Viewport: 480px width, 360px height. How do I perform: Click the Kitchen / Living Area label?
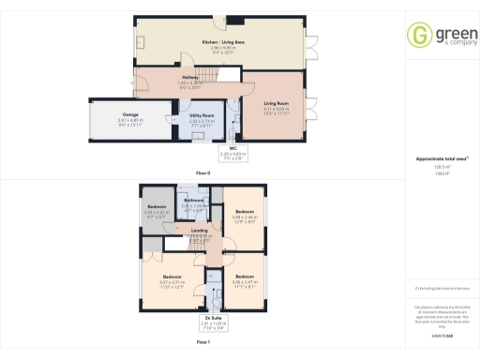[x=225, y=43]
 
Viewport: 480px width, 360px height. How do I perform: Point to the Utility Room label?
[x=202, y=115]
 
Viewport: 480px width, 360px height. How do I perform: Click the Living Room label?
[x=276, y=106]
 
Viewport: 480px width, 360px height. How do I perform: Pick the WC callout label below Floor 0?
[x=232, y=147]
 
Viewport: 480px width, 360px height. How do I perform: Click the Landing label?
[x=199, y=231]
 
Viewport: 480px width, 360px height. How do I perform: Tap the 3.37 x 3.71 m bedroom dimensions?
[x=172, y=281]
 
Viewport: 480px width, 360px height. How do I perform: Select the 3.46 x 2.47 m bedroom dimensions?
[x=245, y=281]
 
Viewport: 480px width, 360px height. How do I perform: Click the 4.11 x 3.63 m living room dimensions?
[x=276, y=112]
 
